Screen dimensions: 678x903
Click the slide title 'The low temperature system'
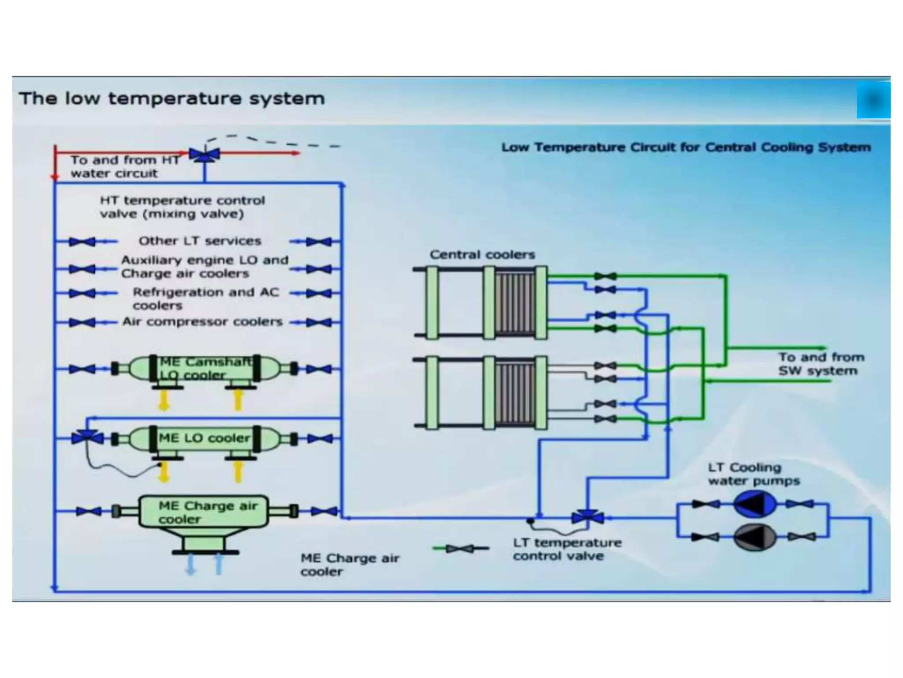[172, 98]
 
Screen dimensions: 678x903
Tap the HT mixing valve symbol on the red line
[205, 154]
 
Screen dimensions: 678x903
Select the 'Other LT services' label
[200, 241]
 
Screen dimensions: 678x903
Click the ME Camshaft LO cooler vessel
[205, 369]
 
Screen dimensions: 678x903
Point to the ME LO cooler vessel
[205, 438]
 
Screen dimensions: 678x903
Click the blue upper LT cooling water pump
[754, 504]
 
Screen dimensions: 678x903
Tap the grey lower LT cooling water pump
[754, 537]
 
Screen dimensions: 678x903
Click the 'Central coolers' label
[482, 255]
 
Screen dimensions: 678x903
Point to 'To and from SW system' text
[821, 364]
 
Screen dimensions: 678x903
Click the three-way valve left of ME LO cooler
[87, 437]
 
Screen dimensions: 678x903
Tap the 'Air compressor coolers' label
[202, 322]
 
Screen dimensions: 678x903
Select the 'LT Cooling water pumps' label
[754, 474]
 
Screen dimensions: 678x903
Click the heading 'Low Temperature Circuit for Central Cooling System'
[686, 147]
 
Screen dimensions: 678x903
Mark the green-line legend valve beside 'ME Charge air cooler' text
[460, 549]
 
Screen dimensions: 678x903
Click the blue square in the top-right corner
[873, 101]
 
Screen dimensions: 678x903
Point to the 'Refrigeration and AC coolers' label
[205, 299]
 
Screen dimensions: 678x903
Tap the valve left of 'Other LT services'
[82, 241]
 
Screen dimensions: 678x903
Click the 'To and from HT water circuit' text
[125, 166]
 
